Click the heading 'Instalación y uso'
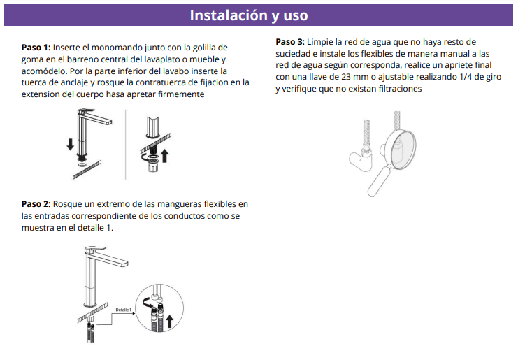tap(249, 15)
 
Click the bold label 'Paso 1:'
tap(36, 48)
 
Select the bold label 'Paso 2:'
tap(36, 204)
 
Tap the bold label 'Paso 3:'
tap(290, 42)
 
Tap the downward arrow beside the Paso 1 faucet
tap(70, 144)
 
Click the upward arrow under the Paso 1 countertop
tap(164, 156)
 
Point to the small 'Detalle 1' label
tap(123, 310)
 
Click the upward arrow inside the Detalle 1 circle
tap(169, 321)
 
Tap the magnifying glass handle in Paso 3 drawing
tap(379, 181)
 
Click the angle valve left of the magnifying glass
tap(361, 159)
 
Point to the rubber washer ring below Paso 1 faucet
tap(82, 165)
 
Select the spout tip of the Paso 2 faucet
tap(124, 264)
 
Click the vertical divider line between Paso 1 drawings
tap(126, 145)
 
